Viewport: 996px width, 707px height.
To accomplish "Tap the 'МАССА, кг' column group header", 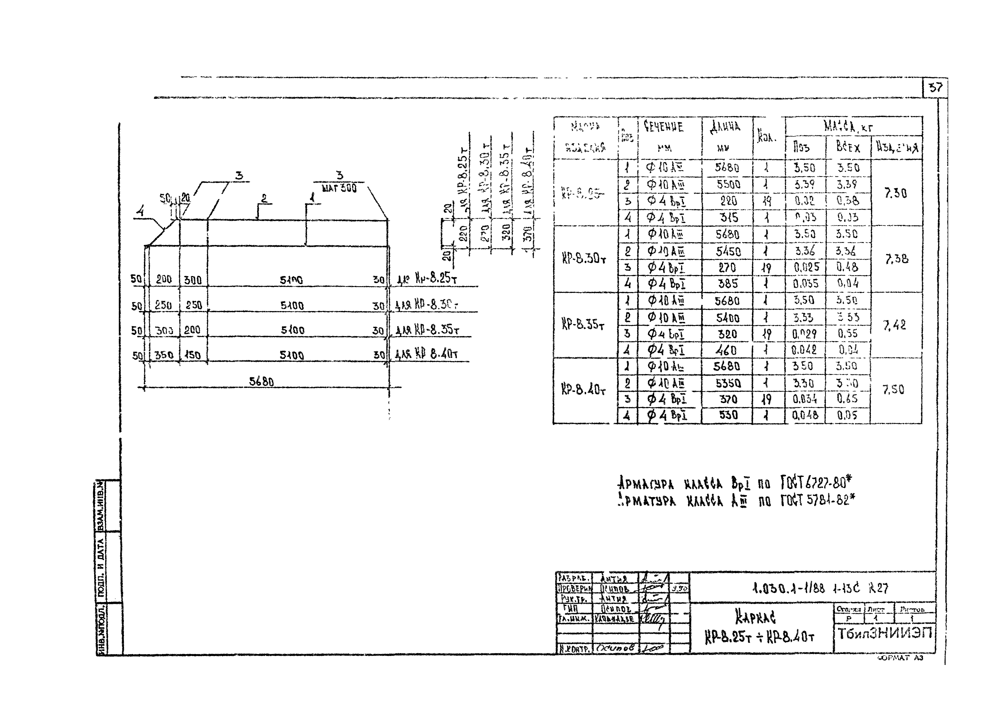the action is coord(848,126).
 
